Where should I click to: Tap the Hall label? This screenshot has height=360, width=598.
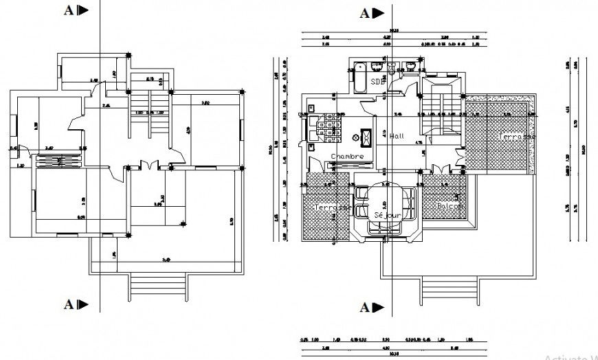pos(398,137)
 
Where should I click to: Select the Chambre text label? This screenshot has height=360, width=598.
pos(347,157)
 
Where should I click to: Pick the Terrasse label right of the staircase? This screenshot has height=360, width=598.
pos(517,137)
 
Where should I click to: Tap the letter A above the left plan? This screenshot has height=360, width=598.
pos(69,10)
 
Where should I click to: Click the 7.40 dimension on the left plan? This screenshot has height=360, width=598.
pos(166,259)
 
